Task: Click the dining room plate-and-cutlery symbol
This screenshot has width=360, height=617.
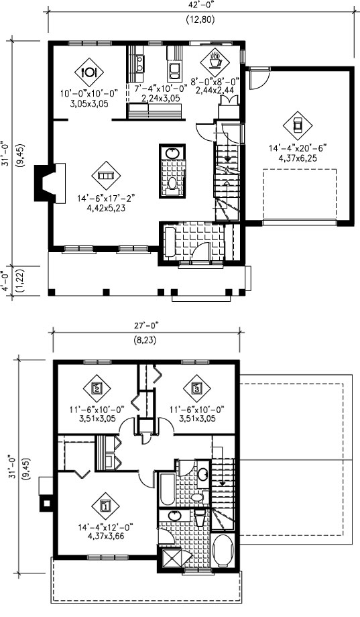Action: (89, 72)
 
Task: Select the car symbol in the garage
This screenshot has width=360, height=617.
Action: (298, 125)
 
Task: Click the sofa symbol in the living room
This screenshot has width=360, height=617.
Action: (106, 175)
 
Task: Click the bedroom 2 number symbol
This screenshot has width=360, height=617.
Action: (97, 388)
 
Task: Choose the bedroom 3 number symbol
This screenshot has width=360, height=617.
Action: (197, 388)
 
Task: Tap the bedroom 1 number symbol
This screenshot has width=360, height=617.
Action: (105, 505)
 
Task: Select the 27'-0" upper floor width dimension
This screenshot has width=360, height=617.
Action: (147, 325)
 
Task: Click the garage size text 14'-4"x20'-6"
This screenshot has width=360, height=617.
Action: (298, 148)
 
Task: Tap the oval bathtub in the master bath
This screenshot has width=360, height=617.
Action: (223, 551)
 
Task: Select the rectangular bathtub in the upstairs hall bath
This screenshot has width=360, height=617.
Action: (167, 490)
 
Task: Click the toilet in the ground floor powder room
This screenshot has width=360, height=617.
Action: (172, 183)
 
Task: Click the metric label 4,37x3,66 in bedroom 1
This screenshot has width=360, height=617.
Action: (105, 536)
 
